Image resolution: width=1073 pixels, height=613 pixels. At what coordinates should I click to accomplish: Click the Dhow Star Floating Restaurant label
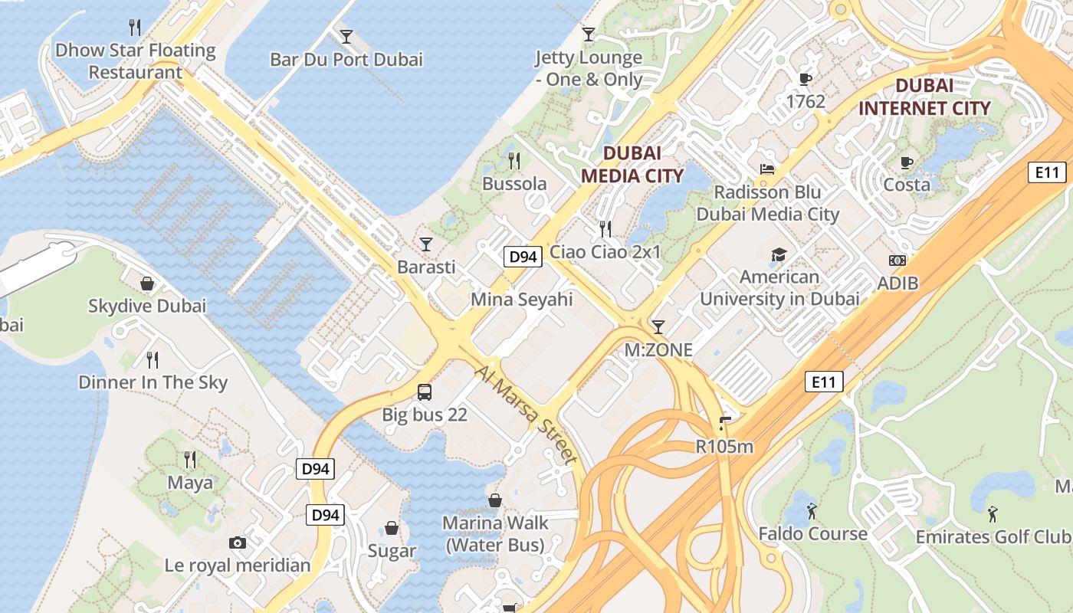point(136,61)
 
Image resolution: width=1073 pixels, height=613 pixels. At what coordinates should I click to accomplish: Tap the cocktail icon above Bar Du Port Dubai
point(346,36)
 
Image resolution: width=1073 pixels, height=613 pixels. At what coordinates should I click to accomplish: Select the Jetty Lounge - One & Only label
point(589,68)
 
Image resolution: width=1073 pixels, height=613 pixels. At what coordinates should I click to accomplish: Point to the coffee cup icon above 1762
point(805,79)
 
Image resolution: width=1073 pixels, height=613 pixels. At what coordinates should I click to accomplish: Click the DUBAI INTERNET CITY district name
point(924,97)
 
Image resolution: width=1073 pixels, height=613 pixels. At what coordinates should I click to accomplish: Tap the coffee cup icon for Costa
point(907,162)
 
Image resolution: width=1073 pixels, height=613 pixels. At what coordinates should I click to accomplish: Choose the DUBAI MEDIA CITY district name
point(632,164)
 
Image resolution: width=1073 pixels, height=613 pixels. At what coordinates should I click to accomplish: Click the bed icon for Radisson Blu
point(767,169)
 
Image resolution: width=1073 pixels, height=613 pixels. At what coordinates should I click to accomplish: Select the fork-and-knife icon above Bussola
point(514,161)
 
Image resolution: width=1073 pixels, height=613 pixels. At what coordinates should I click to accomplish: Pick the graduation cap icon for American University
point(779,254)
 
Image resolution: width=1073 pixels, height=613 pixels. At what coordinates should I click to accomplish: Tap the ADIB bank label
point(897,284)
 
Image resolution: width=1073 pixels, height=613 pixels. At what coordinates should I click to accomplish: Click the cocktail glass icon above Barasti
point(426,244)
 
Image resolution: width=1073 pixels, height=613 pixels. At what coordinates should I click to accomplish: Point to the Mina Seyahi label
point(521,300)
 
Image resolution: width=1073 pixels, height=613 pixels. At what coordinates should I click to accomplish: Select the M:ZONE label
point(658,350)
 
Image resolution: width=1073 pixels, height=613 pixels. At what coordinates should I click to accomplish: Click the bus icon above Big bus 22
point(425,392)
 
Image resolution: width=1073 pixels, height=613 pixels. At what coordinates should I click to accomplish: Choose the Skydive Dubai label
point(147,306)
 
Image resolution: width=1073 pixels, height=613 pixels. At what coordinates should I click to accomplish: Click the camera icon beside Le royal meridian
point(238,543)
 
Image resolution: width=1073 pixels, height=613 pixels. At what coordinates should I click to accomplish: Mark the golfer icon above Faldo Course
point(812,510)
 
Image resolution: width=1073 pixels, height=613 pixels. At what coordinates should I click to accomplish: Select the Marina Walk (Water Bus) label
point(495,534)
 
